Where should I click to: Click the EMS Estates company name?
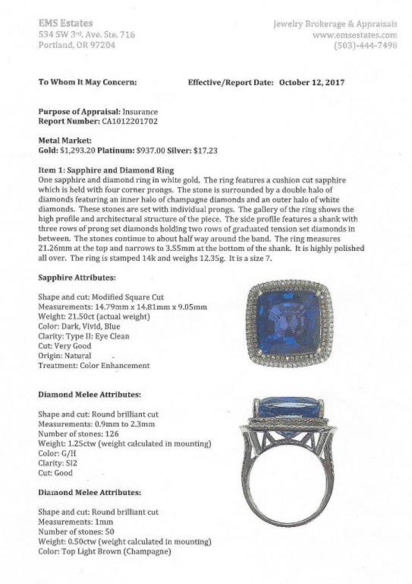pos(65,23)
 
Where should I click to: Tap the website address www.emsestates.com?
pos(354,34)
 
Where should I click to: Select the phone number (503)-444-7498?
pos(365,45)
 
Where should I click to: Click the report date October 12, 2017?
pos(312,82)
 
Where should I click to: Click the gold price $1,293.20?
pos(77,151)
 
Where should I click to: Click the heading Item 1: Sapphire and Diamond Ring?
pos(105,171)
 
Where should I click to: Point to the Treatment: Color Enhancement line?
pos(94,365)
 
